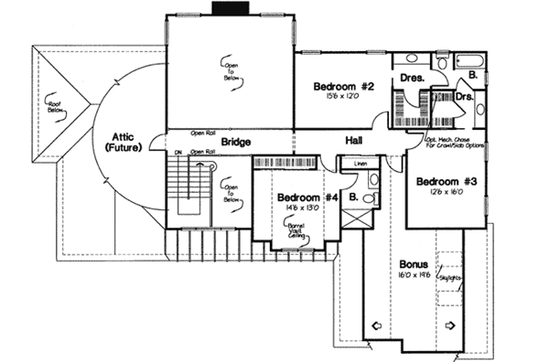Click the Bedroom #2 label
coord(344,87)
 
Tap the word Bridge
coord(236,142)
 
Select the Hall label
coord(355,141)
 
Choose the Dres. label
coord(412,79)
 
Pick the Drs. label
coord(464,95)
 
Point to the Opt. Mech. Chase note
coord(453,137)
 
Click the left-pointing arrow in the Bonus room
coord(377,323)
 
